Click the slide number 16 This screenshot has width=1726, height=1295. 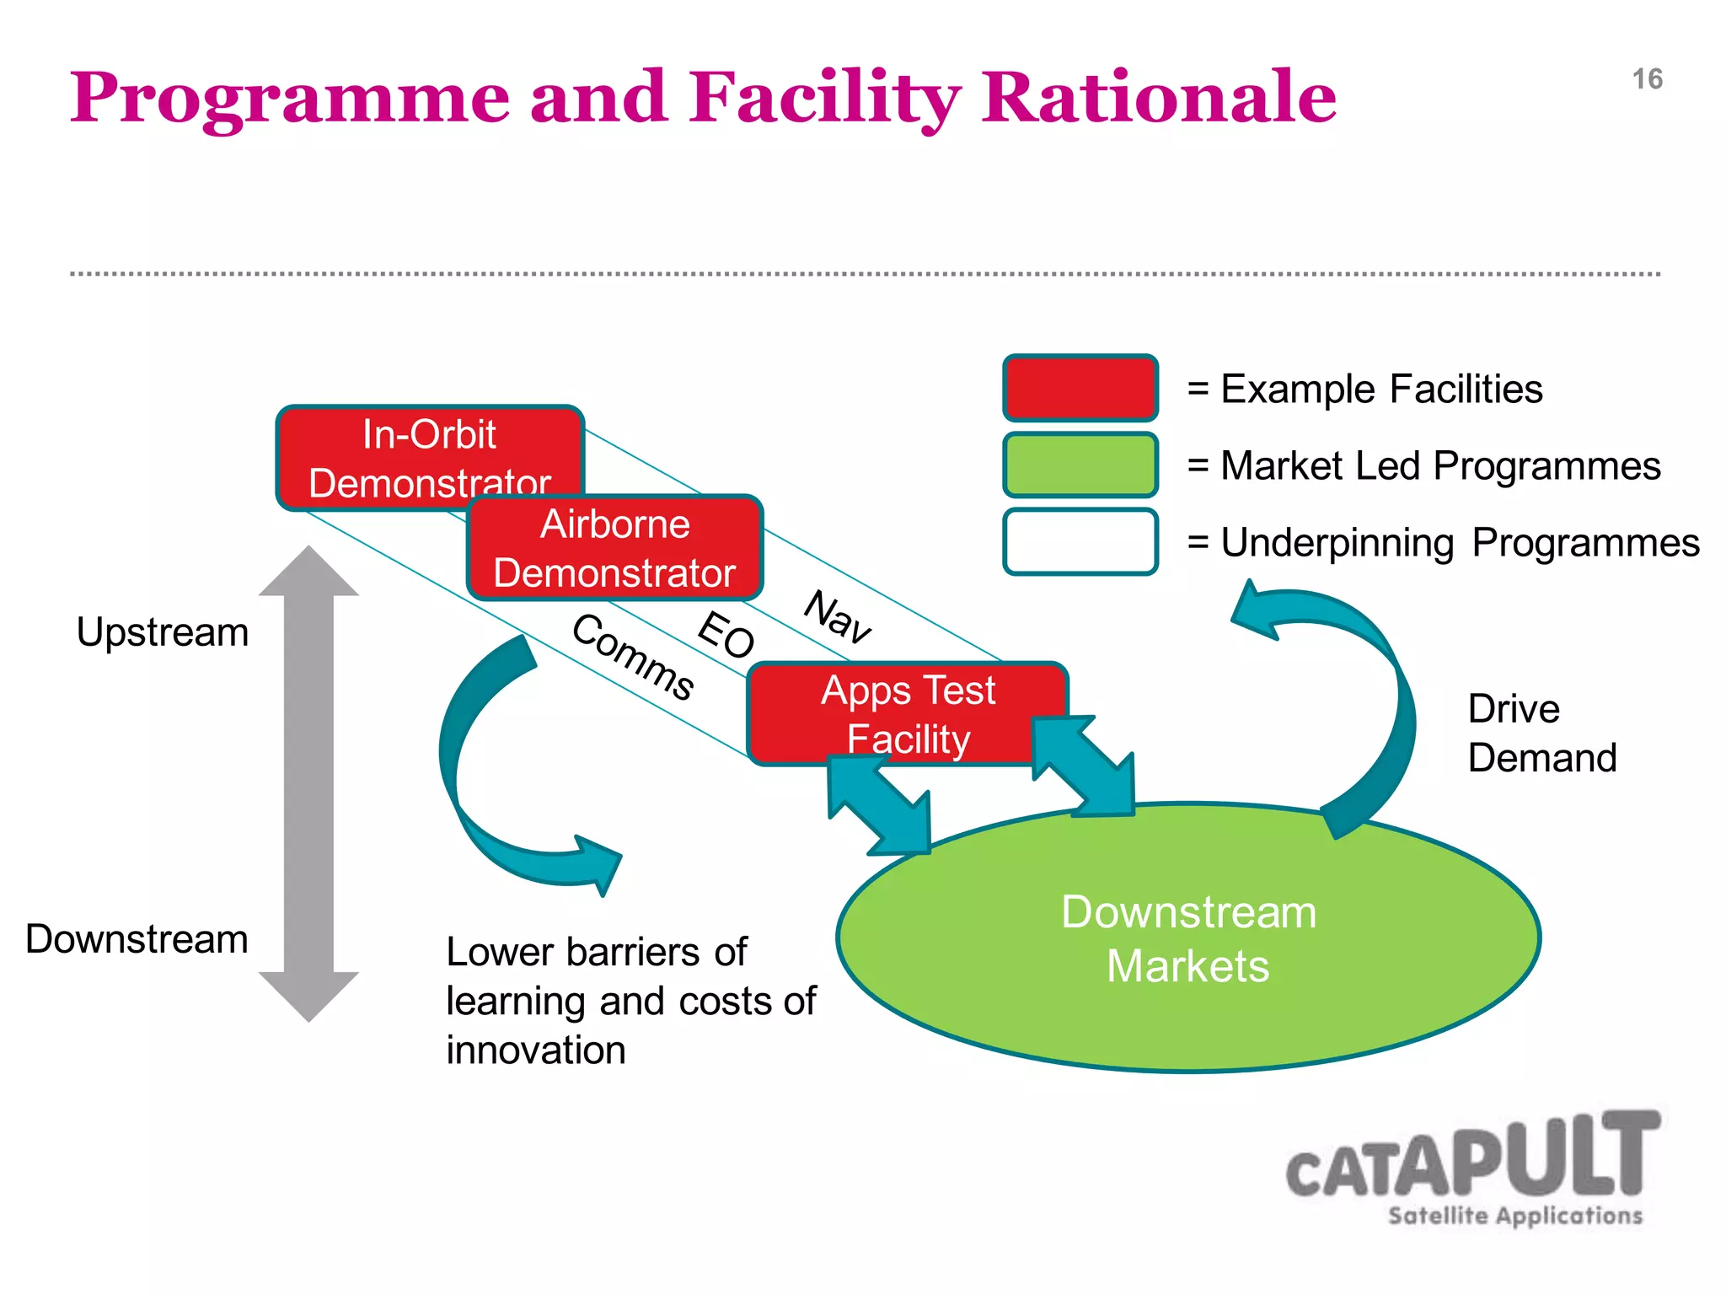[1646, 79]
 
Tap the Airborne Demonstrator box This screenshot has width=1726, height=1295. [615, 548]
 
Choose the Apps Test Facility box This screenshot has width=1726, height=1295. [908, 713]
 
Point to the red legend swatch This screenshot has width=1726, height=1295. [1080, 388]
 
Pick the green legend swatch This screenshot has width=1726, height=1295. [1080, 465]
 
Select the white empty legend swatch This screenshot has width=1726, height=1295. [1080, 541]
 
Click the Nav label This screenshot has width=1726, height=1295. [837, 617]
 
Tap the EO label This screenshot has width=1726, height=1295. [726, 635]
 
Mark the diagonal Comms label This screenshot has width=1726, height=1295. [633, 657]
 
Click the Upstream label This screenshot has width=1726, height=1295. [163, 632]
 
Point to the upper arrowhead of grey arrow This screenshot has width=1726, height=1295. [308, 573]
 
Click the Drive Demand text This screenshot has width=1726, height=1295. [1541, 733]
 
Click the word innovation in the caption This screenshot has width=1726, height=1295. [536, 1051]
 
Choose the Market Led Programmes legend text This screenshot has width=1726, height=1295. [1440, 466]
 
